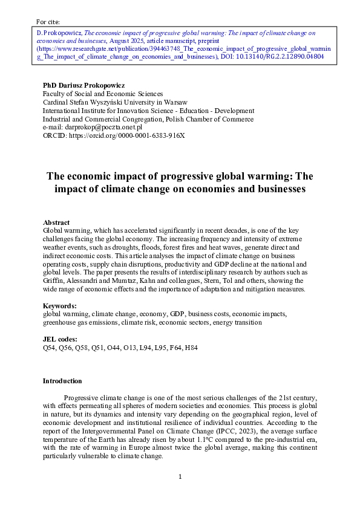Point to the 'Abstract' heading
point(56,222)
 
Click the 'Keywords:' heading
point(59,306)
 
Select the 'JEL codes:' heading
point(61,340)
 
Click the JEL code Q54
point(49,348)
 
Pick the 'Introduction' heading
point(62,381)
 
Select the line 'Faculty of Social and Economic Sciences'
point(102,94)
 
